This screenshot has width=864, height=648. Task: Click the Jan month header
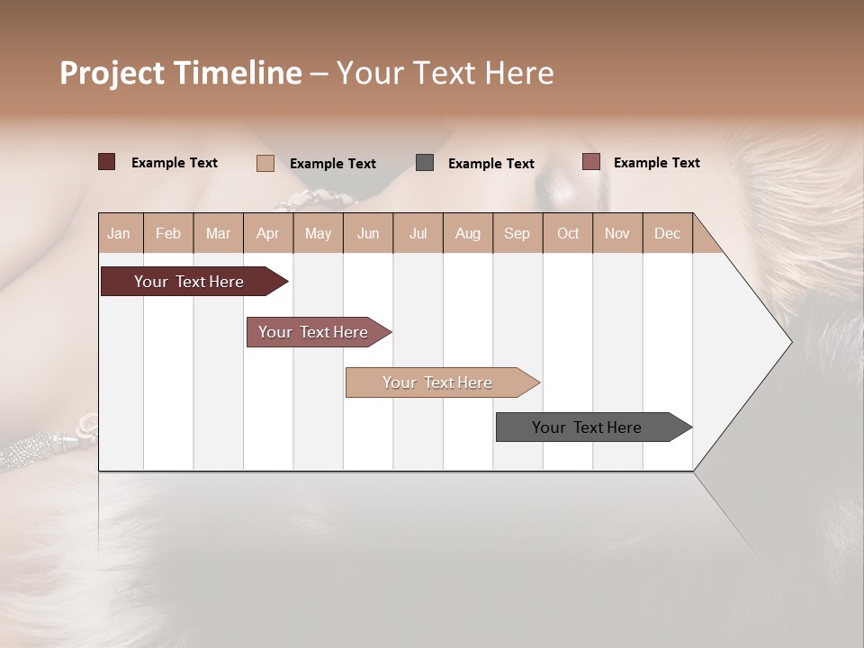click(x=119, y=233)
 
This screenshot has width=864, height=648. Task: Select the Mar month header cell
click(x=218, y=233)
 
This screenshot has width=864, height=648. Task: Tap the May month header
click(x=318, y=233)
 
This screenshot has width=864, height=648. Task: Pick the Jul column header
click(x=418, y=233)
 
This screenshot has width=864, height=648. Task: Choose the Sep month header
click(x=517, y=233)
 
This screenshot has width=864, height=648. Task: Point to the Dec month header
click(x=667, y=233)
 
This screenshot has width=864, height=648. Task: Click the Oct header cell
click(x=568, y=233)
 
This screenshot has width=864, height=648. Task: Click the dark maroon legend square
click(x=106, y=162)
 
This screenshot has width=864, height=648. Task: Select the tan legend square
click(x=265, y=163)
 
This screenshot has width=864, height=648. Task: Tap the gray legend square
click(x=425, y=162)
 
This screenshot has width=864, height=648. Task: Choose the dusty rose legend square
click(x=590, y=162)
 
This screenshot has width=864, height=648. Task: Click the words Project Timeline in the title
click(x=181, y=73)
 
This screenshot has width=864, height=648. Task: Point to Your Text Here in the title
click(x=445, y=73)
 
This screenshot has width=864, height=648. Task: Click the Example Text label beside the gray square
click(x=491, y=163)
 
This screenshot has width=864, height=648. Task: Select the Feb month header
click(x=168, y=233)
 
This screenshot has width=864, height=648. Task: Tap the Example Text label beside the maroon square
click(x=175, y=162)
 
